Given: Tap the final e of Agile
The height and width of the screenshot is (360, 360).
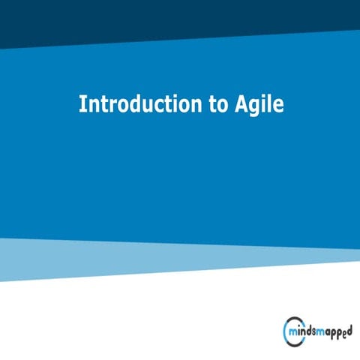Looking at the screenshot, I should point(278,106).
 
